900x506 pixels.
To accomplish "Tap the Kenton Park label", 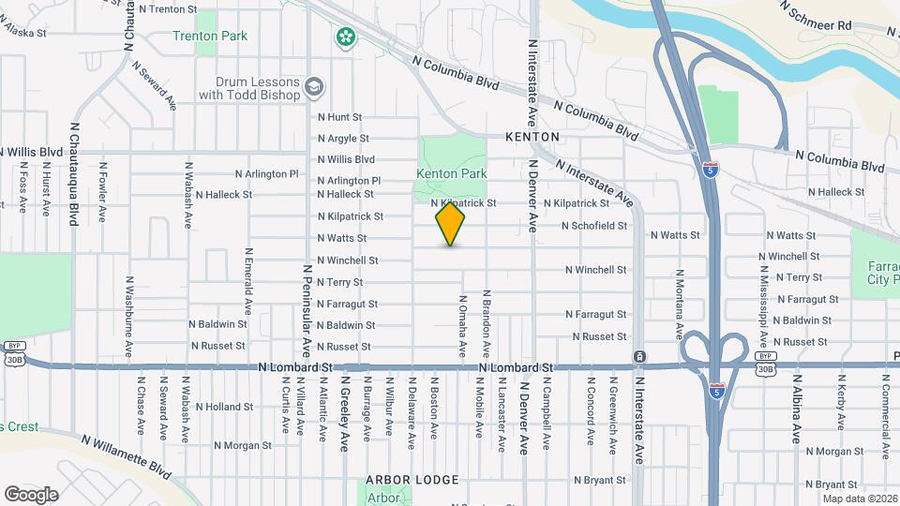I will (452, 173).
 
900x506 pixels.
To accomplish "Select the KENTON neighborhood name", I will (532, 137).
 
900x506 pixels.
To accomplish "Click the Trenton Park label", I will (210, 36).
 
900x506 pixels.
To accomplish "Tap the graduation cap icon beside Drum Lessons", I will (313, 87).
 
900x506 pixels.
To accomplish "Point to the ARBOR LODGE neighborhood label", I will (412, 480).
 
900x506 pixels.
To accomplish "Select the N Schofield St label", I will (593, 226).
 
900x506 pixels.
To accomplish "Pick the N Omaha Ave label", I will (462, 327).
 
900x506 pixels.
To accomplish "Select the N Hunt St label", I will (339, 117).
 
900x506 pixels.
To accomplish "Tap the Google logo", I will (31, 495).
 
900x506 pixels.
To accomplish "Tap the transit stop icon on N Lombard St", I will (639, 357).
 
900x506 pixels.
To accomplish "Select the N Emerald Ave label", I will (248, 280).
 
